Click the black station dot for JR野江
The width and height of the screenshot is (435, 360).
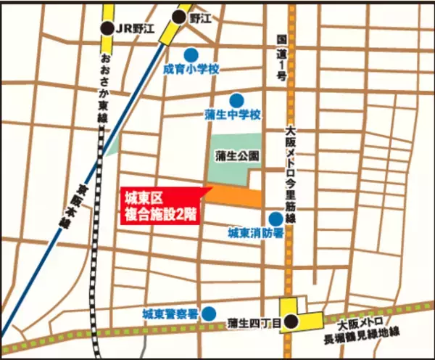coord(108,28)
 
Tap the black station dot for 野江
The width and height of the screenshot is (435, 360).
coord(179,17)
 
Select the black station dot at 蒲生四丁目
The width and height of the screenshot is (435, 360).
coord(291,321)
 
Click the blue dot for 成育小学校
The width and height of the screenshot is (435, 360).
coord(191,54)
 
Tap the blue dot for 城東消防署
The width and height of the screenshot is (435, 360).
coord(275,218)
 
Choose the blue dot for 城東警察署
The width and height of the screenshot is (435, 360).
coord(208,314)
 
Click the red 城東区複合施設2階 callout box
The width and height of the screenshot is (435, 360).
coord(159,206)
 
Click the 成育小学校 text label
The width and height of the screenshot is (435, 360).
coord(191,70)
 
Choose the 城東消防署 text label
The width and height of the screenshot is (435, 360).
coord(250,233)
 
